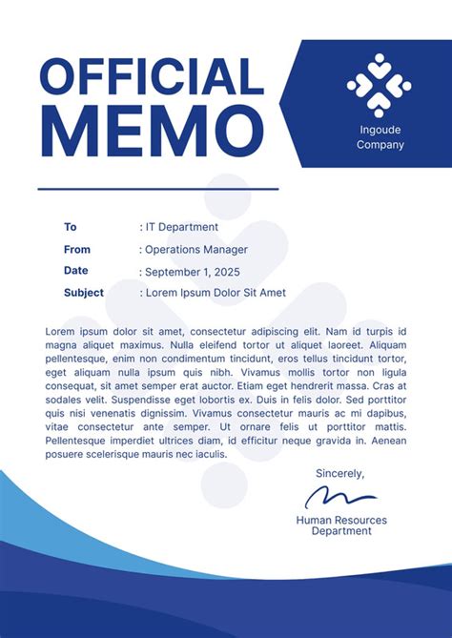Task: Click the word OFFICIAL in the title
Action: pyautogui.click(x=152, y=77)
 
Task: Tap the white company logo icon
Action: pyautogui.click(x=379, y=85)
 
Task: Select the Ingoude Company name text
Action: pyautogui.click(x=380, y=137)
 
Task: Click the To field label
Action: pyautogui.click(x=70, y=227)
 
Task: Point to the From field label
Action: pyautogui.click(x=77, y=249)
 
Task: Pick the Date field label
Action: pyautogui.click(x=76, y=271)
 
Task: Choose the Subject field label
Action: pyautogui.click(x=84, y=293)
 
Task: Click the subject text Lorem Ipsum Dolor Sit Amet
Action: pyautogui.click(x=215, y=293)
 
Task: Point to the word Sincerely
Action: pyautogui.click(x=339, y=473)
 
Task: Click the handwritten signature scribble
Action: pyautogui.click(x=340, y=496)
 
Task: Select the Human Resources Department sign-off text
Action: pyautogui.click(x=340, y=525)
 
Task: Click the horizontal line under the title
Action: pyautogui.click(x=157, y=189)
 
